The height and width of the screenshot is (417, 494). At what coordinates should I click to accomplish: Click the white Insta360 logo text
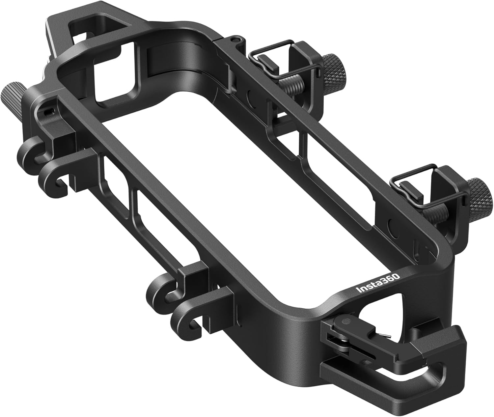379,283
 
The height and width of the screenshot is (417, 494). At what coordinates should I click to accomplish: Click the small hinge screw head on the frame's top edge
233,40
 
